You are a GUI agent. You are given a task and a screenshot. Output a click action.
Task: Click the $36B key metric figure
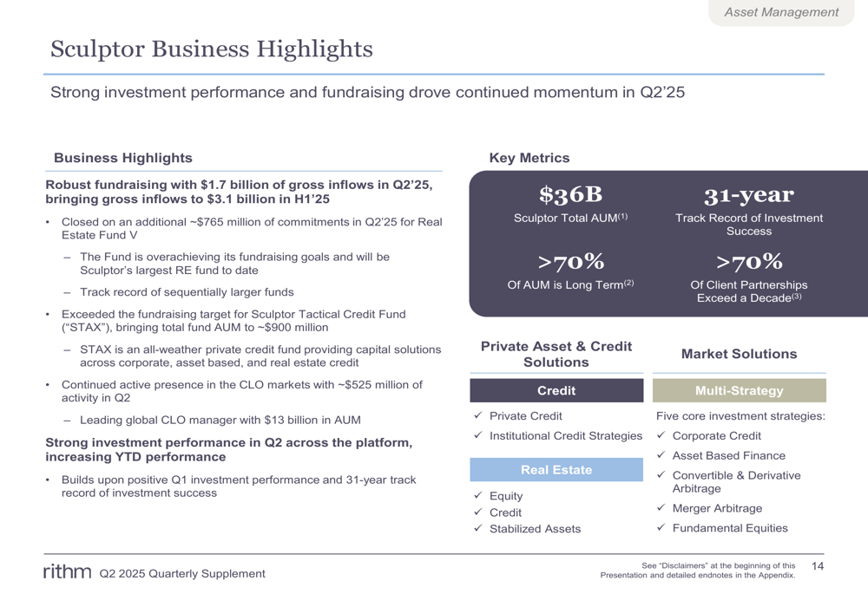point(570,195)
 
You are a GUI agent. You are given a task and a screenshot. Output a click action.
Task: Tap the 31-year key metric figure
point(748,195)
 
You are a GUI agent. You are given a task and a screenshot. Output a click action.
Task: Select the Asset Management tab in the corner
point(781,12)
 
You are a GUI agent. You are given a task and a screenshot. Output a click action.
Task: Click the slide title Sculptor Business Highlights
point(212,49)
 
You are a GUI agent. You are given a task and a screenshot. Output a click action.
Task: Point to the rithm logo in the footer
point(67,571)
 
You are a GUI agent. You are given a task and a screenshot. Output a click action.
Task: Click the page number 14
point(817,566)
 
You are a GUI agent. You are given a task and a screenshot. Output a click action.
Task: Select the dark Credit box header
point(556,390)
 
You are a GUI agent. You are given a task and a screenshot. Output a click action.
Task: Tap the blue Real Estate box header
point(556,470)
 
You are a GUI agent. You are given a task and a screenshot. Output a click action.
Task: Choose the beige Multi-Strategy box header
point(739,390)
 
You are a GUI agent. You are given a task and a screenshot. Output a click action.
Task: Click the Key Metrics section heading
point(529,158)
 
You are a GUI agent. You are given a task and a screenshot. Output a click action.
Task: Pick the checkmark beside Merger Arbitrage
point(661,508)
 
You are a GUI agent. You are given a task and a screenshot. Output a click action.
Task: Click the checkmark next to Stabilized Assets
point(478,529)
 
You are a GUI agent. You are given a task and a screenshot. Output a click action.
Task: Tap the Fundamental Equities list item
point(730,528)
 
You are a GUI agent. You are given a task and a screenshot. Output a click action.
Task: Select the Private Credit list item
point(525,416)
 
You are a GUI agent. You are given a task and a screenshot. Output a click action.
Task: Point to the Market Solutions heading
point(739,354)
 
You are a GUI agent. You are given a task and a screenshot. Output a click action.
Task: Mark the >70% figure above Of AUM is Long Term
point(570,262)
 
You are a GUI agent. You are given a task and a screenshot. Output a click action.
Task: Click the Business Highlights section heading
point(123,158)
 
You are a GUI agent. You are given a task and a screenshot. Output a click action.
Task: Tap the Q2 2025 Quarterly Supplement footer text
point(182,573)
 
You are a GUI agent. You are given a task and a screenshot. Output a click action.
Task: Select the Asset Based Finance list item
point(728,455)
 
